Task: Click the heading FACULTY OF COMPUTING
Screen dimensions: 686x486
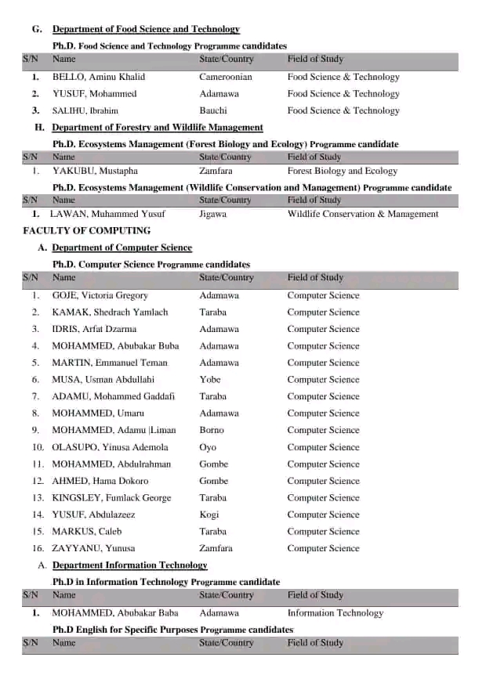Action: tap(87, 230)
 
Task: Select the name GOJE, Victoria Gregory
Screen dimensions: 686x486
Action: tap(100, 295)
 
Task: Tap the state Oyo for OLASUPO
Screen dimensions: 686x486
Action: tap(208, 447)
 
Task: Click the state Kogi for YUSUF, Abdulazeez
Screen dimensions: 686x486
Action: tap(210, 514)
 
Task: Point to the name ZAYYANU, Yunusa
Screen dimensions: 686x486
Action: tap(93, 548)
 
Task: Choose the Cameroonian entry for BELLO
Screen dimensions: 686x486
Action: tap(226, 77)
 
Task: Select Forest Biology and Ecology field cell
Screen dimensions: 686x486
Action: tap(343, 171)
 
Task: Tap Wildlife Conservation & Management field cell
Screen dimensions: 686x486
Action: tap(363, 214)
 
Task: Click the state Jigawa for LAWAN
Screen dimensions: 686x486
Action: tap(213, 214)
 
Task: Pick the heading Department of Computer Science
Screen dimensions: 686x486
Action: tap(121, 247)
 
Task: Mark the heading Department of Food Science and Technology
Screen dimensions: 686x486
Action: tap(146, 29)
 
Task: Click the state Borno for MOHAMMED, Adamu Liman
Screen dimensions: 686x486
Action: tap(212, 430)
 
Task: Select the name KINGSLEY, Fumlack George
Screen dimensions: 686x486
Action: tap(111, 497)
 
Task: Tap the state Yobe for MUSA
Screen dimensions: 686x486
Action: tap(210, 379)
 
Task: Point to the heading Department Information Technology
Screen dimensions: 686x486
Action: tap(129, 565)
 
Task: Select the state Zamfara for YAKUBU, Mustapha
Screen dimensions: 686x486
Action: tap(216, 171)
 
